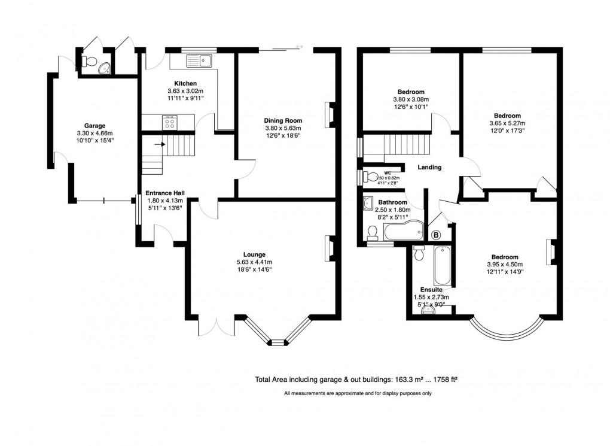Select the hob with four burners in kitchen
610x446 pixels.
(x=169, y=123)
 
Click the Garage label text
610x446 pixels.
(x=86, y=126)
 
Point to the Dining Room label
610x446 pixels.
(x=283, y=120)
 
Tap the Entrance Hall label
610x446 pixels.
(x=165, y=193)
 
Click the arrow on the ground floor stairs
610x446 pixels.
(x=160, y=144)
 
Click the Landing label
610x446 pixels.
(x=429, y=168)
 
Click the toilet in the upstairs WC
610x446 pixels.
(x=371, y=177)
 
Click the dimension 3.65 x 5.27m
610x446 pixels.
(x=507, y=123)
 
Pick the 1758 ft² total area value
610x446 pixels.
(x=444, y=379)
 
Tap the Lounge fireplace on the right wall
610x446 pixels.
(x=328, y=248)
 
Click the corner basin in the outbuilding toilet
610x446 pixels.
(x=105, y=68)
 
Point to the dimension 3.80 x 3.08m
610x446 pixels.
(x=411, y=100)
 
